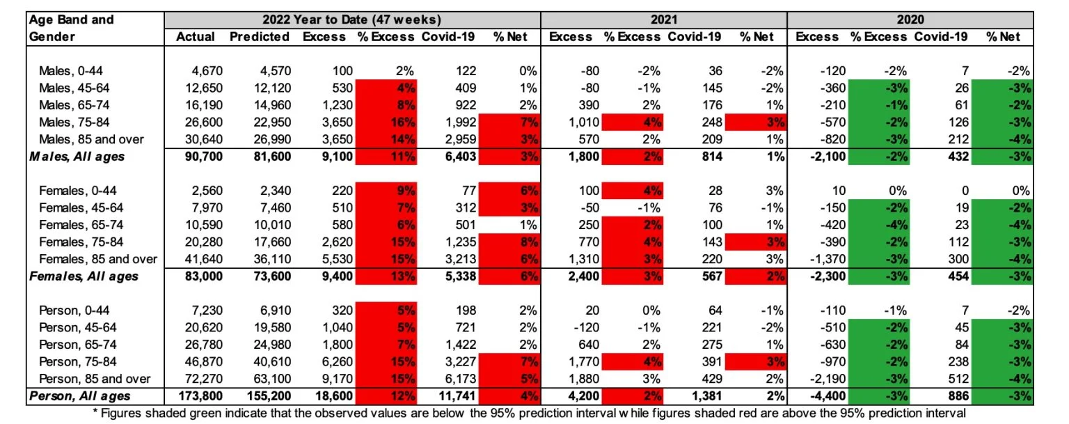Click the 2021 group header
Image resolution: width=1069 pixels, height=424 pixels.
tap(664, 19)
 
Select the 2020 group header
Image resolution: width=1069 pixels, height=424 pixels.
tap(910, 19)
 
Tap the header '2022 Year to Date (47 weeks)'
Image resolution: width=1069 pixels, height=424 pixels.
tap(352, 19)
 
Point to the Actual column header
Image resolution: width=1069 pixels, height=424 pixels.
tap(196, 36)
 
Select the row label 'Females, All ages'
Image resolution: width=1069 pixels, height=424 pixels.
tap(84, 276)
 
